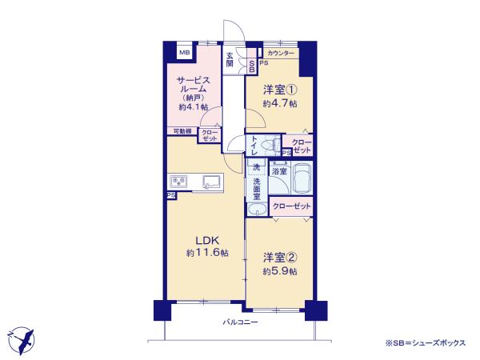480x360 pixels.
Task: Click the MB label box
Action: point(185,53)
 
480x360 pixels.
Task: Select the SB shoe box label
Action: point(252,66)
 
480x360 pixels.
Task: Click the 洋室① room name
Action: point(281,90)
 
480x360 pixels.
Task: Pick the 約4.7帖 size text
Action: point(281,103)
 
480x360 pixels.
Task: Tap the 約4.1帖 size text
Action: point(193,106)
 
